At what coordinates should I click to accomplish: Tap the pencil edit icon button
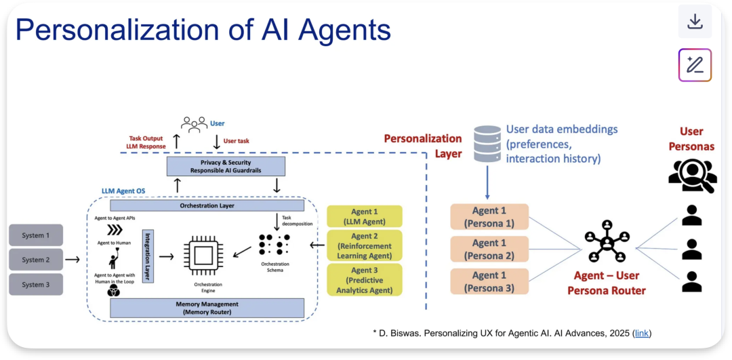(695, 65)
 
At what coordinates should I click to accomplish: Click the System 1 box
(36, 235)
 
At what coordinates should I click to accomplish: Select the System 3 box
(36, 285)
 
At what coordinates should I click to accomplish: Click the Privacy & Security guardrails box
(226, 167)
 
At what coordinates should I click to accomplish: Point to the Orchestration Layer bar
(207, 205)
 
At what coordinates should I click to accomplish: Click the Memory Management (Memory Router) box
(207, 308)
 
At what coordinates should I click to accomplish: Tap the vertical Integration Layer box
(146, 256)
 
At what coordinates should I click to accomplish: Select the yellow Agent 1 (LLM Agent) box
(365, 216)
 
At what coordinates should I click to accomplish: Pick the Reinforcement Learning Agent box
(365, 246)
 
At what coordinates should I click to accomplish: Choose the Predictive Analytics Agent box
(365, 280)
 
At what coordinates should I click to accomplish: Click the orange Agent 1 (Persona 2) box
(489, 249)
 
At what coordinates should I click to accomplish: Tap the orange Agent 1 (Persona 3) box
(489, 281)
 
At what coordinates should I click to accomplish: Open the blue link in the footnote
(641, 333)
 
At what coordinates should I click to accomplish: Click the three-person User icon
(194, 124)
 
